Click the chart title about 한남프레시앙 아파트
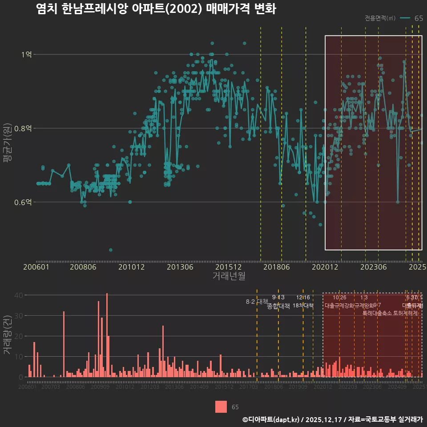(156, 9)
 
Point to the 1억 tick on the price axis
(26, 54)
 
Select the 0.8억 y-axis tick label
(23, 128)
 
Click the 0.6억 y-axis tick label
(23, 202)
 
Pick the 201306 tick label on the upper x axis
(180, 267)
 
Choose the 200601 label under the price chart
(36, 267)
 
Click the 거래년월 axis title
(229, 276)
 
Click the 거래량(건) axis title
(7, 335)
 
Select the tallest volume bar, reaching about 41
(107, 335)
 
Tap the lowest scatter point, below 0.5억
(111, 250)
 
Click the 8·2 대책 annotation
(256, 302)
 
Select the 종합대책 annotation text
(278, 306)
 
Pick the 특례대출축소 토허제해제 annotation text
(390, 313)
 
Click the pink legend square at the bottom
(221, 407)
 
